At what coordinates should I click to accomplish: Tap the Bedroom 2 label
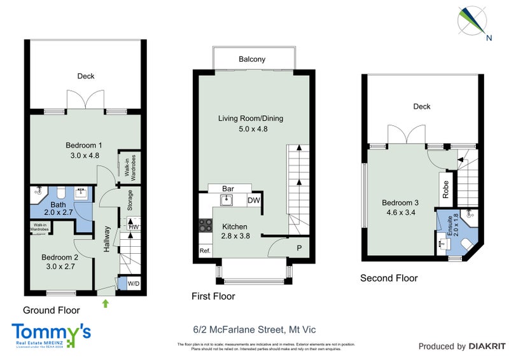(x=60, y=258)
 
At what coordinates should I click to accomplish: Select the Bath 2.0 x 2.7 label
(x=59, y=205)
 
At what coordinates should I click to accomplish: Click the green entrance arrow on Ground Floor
(x=106, y=304)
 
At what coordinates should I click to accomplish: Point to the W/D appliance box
(x=134, y=283)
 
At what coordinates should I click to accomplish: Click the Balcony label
(x=252, y=59)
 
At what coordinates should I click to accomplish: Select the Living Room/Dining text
(x=251, y=118)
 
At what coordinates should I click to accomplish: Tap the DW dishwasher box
(x=253, y=200)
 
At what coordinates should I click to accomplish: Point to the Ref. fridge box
(x=205, y=251)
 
